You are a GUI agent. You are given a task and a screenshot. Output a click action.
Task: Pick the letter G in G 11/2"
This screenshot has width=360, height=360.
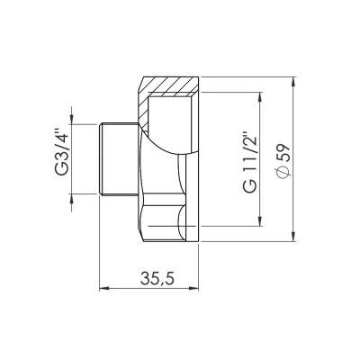[250, 189]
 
